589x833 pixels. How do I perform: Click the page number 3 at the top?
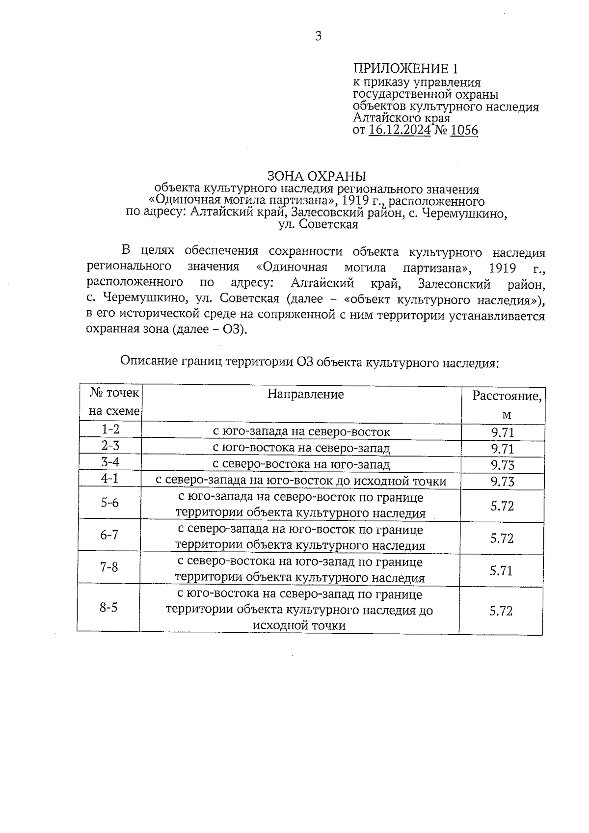click(318, 36)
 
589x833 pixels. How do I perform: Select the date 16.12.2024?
click(400, 130)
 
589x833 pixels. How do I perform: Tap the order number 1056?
click(463, 130)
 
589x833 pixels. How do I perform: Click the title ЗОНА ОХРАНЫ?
click(317, 176)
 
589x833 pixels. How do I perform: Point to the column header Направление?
click(305, 394)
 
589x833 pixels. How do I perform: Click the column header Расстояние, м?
click(507, 405)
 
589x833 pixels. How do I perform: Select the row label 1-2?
click(110, 429)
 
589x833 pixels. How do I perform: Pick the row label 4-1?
click(110, 478)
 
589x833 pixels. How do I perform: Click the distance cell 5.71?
click(502, 570)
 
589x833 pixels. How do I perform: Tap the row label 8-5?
click(108, 608)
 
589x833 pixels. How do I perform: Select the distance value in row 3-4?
click(503, 465)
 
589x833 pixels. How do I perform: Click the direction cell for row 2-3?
click(301, 448)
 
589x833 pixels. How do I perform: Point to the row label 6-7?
click(109, 535)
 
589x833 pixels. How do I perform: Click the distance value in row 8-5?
click(501, 611)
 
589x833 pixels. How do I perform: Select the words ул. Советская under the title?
click(318, 225)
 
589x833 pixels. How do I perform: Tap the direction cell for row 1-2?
click(301, 432)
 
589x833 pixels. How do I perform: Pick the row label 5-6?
click(109, 503)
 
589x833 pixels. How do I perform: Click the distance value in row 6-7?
click(502, 538)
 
